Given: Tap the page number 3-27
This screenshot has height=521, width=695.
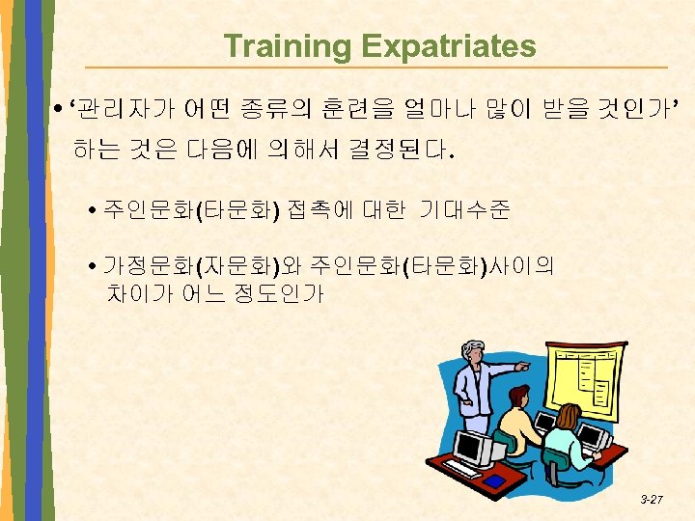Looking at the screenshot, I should pyautogui.click(x=652, y=500).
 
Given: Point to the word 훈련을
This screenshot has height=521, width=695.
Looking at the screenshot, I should pyautogui.click(x=362, y=116).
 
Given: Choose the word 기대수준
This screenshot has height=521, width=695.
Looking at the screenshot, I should pyautogui.click(x=464, y=209).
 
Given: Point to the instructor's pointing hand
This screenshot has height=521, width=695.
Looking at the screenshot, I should pyautogui.click(x=523, y=367).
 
